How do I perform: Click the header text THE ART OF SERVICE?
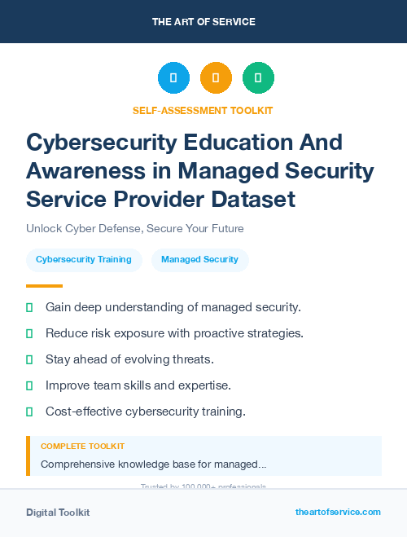click(x=203, y=22)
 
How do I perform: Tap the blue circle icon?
click(x=173, y=78)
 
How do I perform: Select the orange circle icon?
click(x=216, y=78)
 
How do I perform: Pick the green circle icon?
click(x=258, y=78)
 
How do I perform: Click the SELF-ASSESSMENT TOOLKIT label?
click(x=203, y=110)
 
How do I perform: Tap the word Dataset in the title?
click(x=250, y=199)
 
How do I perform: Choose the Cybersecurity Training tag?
click(x=84, y=260)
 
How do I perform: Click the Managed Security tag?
click(x=199, y=260)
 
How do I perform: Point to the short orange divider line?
click(x=44, y=286)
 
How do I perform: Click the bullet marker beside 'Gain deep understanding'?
click(x=29, y=307)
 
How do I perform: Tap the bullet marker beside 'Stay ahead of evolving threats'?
click(x=29, y=359)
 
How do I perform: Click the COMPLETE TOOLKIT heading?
click(x=83, y=447)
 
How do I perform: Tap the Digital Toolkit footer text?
click(x=58, y=513)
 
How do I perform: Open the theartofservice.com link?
click(x=338, y=512)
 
